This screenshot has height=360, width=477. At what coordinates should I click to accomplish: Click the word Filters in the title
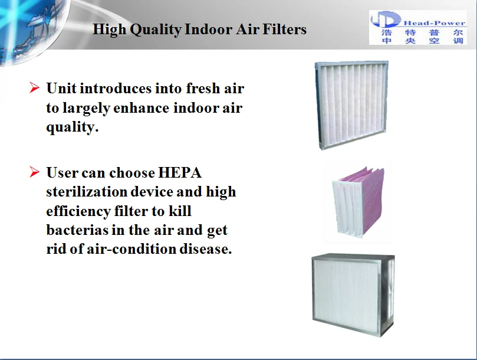pos(284,30)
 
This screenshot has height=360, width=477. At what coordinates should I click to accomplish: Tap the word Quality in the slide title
pos(156,30)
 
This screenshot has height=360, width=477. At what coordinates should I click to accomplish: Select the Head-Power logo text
pos(435,23)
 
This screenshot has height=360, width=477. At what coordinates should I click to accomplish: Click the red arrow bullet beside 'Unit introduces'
pos(34,88)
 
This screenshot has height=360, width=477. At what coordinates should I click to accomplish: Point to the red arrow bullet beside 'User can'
pos(34,172)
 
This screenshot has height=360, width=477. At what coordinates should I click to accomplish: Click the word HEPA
pos(180,173)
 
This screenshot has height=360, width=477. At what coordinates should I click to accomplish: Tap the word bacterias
pos(77,230)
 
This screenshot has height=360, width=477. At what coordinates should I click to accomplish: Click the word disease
pos(206,249)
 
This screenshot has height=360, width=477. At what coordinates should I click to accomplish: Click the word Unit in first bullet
pos(61,89)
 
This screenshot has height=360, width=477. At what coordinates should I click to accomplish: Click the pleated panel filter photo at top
pos(351,104)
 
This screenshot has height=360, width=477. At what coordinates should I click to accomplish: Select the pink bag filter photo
pos(358,202)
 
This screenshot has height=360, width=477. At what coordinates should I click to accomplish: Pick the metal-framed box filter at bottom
pos(353,294)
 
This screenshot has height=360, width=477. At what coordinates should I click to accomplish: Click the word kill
pos(180,211)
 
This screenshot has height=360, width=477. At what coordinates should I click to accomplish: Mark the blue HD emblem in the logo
pos(386,19)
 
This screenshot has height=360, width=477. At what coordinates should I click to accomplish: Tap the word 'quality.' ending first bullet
pos(73,127)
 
